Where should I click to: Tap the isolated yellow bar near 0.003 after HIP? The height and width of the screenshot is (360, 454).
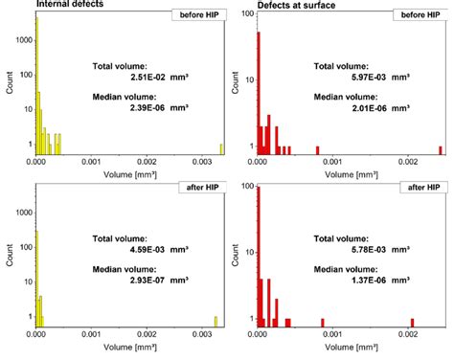[x=216, y=321]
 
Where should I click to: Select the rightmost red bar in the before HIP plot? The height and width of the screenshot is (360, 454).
[x=441, y=149]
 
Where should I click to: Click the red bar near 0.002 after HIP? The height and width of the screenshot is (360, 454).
[x=413, y=322]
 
